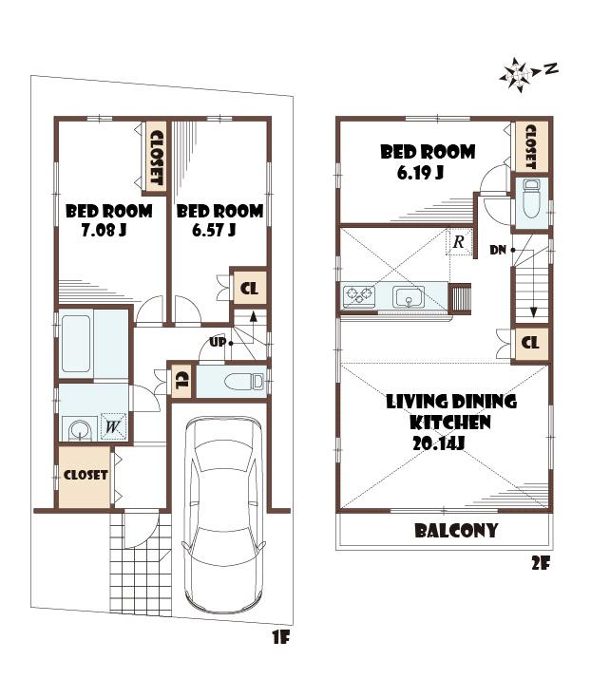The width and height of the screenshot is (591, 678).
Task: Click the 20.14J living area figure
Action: click(x=438, y=443)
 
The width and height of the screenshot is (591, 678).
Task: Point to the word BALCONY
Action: click(x=455, y=530)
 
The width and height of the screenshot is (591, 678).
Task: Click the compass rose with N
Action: click(x=518, y=73)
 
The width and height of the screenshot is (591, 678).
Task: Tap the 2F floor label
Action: click(x=541, y=562)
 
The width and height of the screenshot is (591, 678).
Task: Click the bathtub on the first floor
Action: click(x=76, y=344)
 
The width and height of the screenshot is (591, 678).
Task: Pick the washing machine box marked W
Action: click(x=112, y=427)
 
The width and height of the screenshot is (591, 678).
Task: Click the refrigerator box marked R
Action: click(x=459, y=242)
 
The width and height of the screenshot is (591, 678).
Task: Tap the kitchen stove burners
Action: click(x=359, y=296)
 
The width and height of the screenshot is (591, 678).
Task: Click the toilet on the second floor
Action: click(x=530, y=200)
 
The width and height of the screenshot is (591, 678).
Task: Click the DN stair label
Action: click(x=498, y=250)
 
